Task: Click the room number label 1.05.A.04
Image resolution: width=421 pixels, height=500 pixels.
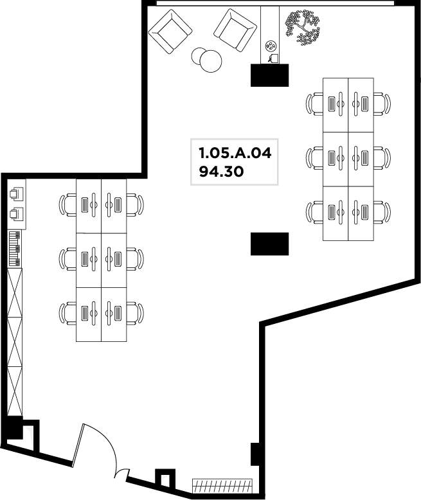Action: (235, 153)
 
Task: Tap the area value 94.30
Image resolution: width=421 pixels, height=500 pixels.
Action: (221, 172)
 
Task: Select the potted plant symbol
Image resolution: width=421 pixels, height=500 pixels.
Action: (302, 28)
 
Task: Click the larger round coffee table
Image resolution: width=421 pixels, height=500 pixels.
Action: (211, 61)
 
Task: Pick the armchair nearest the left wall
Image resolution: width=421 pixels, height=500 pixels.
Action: (170, 31)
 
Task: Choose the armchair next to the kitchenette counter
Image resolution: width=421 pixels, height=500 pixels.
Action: (235, 30)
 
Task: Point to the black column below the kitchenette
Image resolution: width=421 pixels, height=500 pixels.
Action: (269, 75)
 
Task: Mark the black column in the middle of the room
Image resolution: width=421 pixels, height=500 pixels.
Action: (269, 244)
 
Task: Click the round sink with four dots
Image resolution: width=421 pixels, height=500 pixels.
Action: (271, 46)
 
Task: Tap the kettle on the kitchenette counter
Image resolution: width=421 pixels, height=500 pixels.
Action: (273, 58)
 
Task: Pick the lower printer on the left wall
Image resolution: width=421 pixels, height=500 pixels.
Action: (16, 213)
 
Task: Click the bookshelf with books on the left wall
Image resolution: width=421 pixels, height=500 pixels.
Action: (15, 249)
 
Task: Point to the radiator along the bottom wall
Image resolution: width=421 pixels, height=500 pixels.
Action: (222, 485)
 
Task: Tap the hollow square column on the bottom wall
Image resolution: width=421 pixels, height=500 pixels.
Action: (165, 478)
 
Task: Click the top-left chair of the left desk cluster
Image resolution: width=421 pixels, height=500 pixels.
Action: (67, 205)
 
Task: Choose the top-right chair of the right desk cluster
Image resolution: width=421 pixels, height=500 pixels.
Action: (382, 104)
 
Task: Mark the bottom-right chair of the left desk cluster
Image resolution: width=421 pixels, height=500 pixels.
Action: (135, 314)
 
